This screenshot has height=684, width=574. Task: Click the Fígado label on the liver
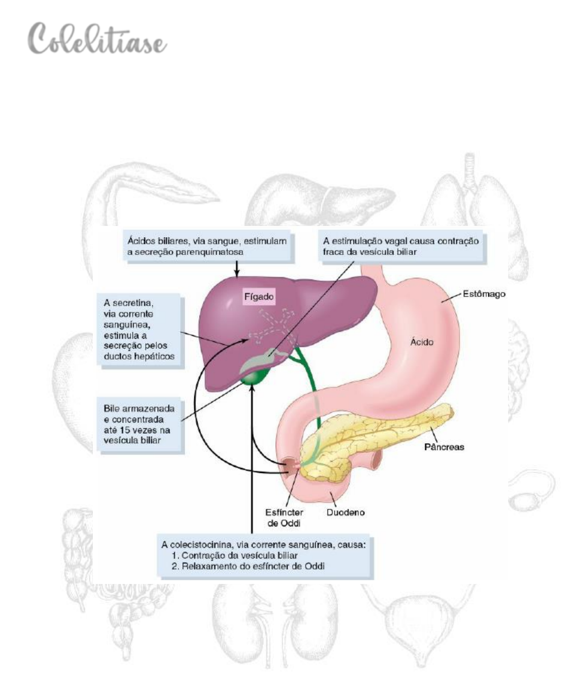point(259,297)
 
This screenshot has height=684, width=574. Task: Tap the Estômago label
point(484,294)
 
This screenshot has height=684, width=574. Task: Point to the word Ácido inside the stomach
point(422,342)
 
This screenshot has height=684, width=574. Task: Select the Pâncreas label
point(444,447)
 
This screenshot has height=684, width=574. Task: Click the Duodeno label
point(346,512)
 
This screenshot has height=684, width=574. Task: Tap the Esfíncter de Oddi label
point(284,518)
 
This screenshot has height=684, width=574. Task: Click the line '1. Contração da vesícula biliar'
point(234,556)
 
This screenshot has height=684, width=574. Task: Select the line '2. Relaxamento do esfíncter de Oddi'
point(248,566)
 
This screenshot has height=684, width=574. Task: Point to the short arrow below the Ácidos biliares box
point(237,269)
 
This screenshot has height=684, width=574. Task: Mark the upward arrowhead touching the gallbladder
point(252,388)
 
